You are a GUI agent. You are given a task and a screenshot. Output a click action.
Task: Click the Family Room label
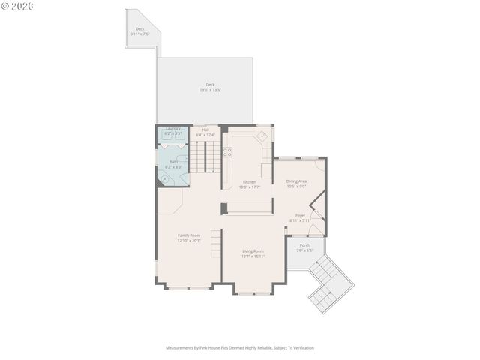188,235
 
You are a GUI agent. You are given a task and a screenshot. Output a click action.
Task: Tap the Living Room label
253,251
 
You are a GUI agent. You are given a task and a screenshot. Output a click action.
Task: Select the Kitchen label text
249,182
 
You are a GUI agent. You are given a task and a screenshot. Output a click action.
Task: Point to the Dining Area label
296,181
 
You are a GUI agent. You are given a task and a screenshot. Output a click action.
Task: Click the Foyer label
300,215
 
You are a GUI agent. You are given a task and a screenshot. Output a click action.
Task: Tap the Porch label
304,245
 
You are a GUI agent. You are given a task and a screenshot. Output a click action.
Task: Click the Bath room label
173,162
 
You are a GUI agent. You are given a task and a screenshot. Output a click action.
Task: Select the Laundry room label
173,129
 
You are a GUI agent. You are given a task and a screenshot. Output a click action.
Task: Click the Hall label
205,130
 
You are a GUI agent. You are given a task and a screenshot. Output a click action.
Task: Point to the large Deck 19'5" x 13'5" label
210,84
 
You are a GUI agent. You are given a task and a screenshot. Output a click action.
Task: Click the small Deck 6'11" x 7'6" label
139,29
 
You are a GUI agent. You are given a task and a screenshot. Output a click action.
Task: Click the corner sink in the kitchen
262,136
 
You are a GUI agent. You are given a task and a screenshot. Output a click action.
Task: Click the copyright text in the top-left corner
16,6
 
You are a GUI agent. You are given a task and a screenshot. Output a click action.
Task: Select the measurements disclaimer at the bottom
240,347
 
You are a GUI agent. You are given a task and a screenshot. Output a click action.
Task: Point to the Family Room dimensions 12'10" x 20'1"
188,241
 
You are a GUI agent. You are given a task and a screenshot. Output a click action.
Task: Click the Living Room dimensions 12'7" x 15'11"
253,256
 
